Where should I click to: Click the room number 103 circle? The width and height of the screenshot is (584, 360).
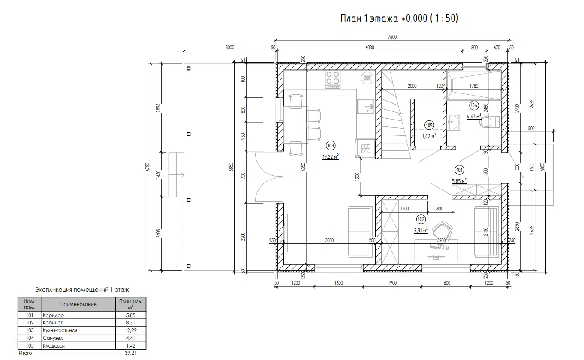[x=331, y=145]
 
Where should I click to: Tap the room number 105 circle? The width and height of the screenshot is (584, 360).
[x=429, y=126]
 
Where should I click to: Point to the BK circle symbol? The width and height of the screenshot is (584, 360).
[x=367, y=78]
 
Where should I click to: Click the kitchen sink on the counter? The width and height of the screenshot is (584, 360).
[x=365, y=106]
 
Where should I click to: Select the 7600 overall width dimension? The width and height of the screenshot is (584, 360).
[x=392, y=37]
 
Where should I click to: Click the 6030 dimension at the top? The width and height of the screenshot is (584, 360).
[x=370, y=48]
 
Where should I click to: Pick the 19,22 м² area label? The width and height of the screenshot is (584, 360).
[x=331, y=157]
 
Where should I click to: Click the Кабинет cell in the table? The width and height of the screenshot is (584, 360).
[x=53, y=323]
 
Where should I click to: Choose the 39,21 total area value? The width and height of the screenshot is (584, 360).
[x=130, y=353]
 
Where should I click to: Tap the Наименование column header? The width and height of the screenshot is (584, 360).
[x=78, y=304]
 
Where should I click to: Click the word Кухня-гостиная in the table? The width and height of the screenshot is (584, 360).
[x=60, y=330]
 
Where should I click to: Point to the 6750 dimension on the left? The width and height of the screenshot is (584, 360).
[x=148, y=167]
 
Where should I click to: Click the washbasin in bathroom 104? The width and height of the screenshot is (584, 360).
[x=454, y=122]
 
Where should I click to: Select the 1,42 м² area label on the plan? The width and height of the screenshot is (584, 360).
[x=429, y=136]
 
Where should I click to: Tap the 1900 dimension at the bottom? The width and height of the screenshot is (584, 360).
[x=392, y=283]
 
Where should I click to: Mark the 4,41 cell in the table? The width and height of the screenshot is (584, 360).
[x=130, y=338]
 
